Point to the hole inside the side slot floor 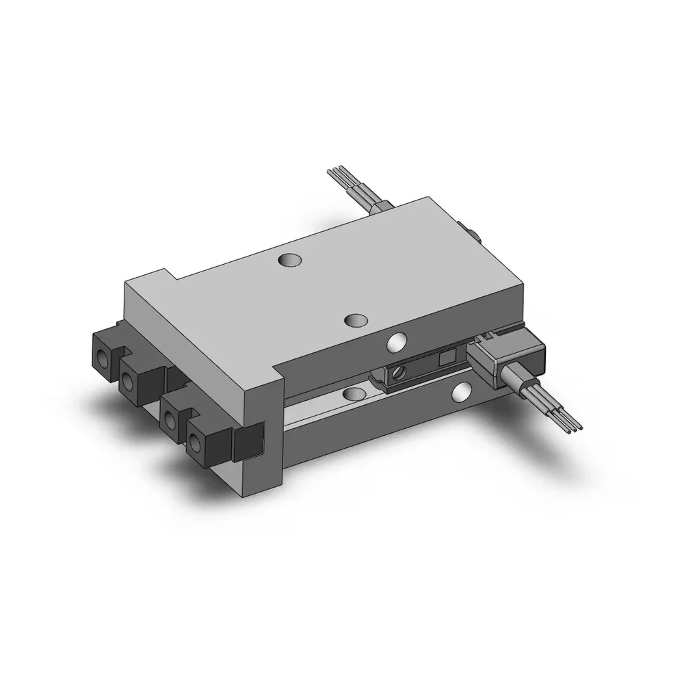click(354, 393)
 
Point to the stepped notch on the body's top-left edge click(171, 274)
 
